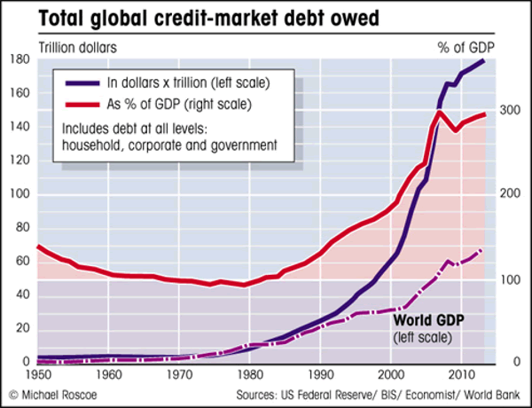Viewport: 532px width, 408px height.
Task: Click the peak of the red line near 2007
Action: pyautogui.click(x=440, y=112)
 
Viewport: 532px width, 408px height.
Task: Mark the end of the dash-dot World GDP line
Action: pyautogui.click(x=481, y=250)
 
